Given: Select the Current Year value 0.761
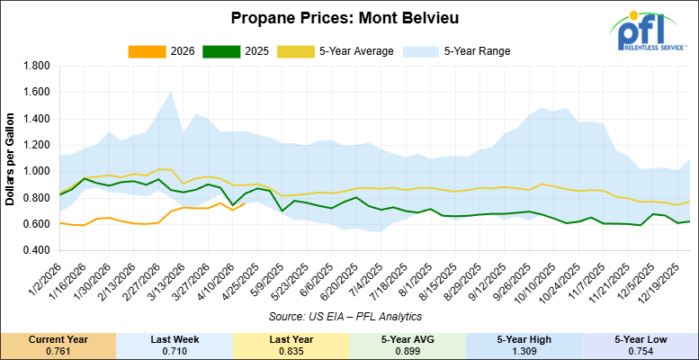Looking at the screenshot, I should pos(58,349).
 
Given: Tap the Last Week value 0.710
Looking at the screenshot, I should pos(175,349).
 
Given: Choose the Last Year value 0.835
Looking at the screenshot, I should pos(291,349).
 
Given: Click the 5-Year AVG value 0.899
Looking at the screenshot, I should pos(408,349).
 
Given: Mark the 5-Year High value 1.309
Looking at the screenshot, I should pos(524,349).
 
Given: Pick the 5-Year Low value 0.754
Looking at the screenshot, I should pos(640,349).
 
